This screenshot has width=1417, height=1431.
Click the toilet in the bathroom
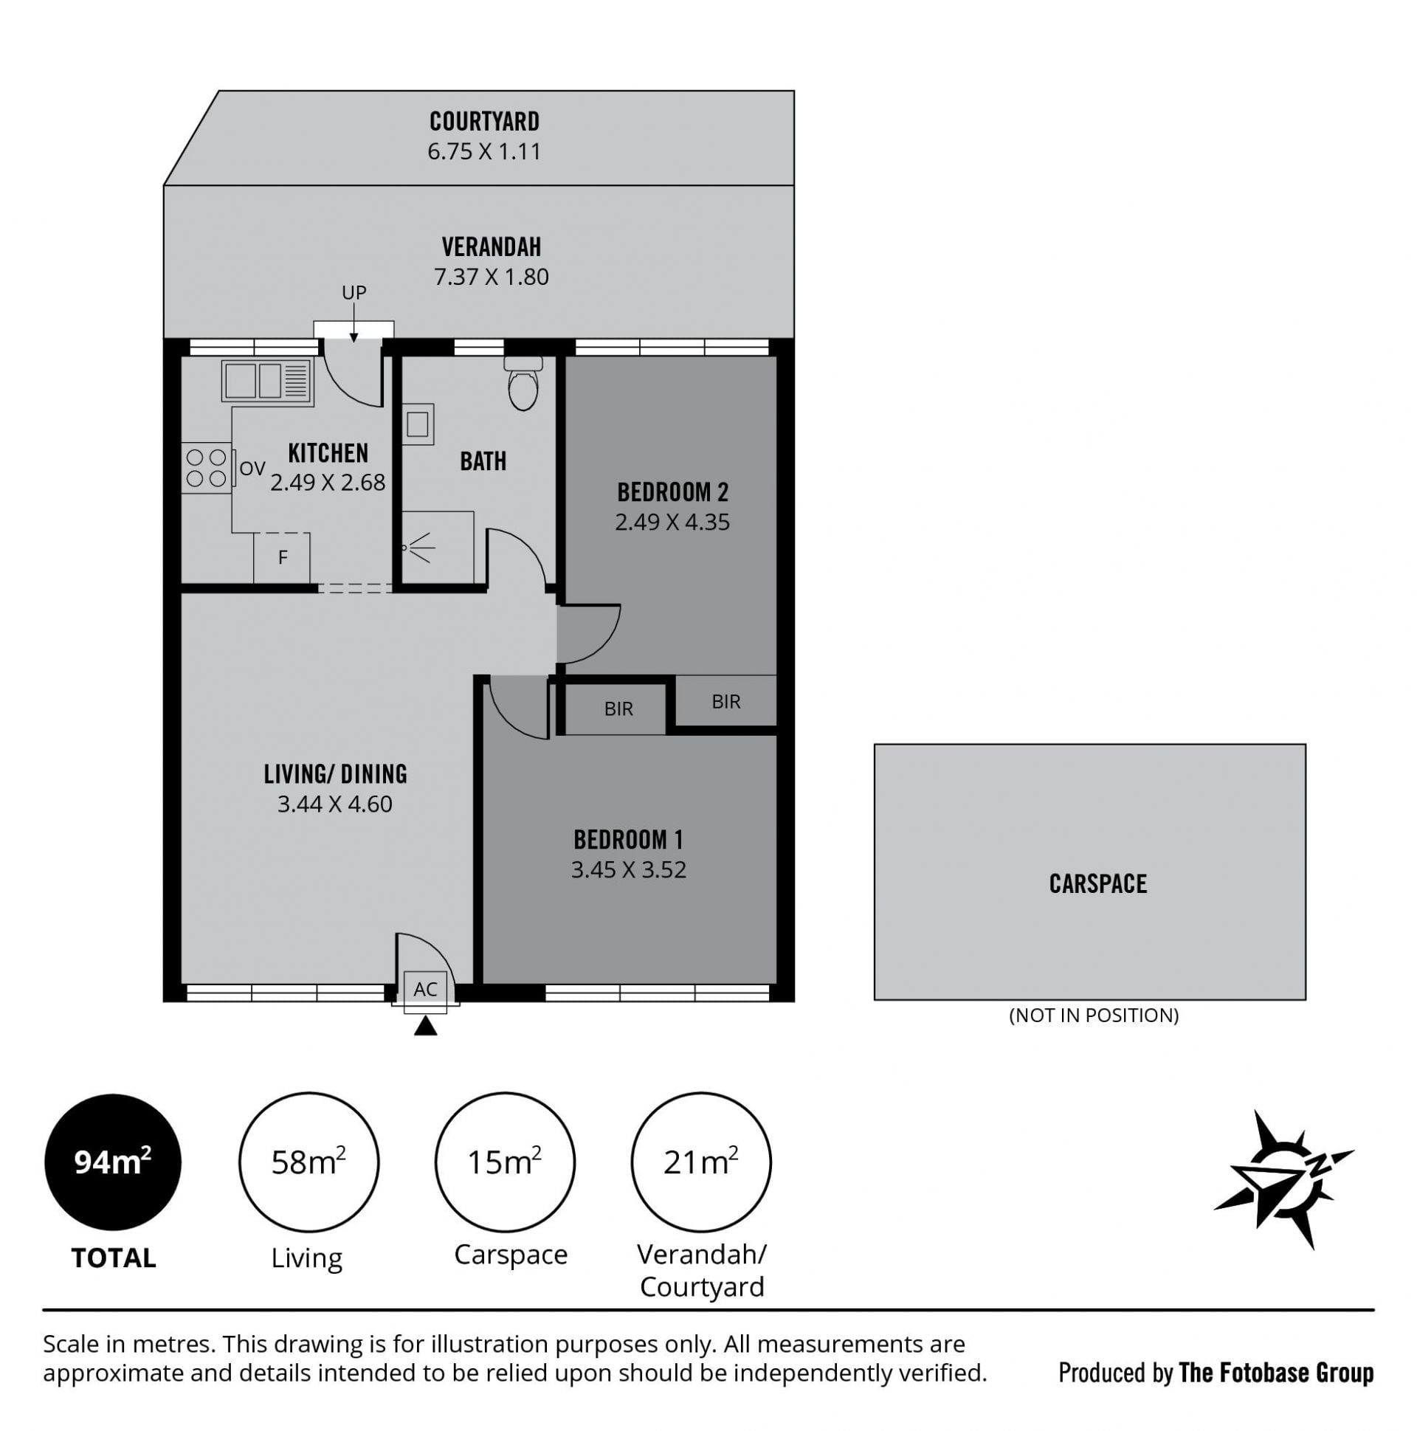point(523,383)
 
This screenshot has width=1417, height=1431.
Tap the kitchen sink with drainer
point(267,382)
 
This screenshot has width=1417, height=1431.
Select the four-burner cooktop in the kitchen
point(207,468)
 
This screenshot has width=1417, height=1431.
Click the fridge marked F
point(281,558)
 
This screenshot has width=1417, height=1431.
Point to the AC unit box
point(425,990)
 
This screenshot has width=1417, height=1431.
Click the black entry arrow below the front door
point(425,1026)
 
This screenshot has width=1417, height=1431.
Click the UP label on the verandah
point(354,292)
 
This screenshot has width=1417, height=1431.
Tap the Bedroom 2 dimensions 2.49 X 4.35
point(672,523)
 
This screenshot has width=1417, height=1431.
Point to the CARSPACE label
point(1097,883)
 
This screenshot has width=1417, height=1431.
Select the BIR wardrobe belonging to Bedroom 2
point(726,700)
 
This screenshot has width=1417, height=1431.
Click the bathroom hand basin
point(417,424)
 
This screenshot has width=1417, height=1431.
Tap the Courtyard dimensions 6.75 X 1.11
point(483,152)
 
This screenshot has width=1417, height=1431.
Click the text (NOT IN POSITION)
point(1093,1016)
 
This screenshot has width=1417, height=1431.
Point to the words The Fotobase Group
point(1275,1373)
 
